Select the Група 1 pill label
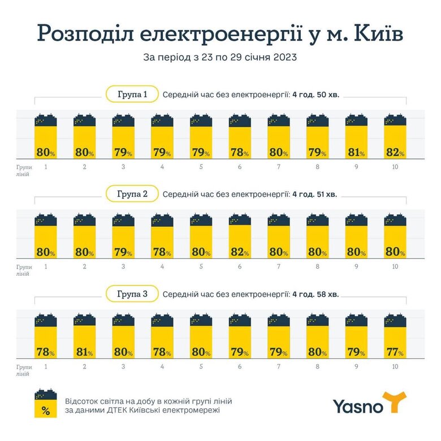132,94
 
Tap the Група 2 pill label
132,194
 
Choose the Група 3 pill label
132,294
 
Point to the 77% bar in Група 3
395,340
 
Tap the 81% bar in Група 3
84,340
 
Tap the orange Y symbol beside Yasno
394,402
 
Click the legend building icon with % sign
46,404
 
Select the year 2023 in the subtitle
283,57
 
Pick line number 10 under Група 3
395,366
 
